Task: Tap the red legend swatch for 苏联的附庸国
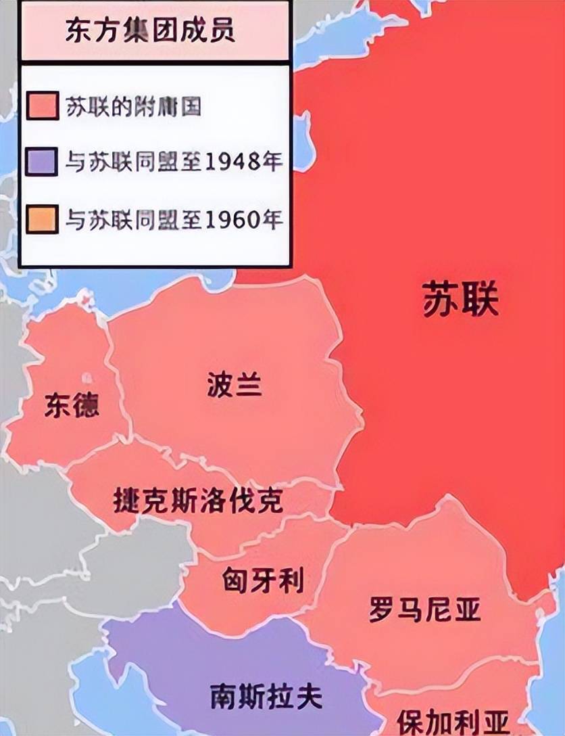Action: click(43, 106)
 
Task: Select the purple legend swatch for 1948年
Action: click(43, 162)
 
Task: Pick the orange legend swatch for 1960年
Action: click(43, 218)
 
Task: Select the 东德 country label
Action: click(72, 405)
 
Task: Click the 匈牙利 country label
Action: click(263, 580)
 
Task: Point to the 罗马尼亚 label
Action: click(424, 609)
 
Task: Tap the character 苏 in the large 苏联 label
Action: click(440, 300)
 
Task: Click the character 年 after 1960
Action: click(272, 219)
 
